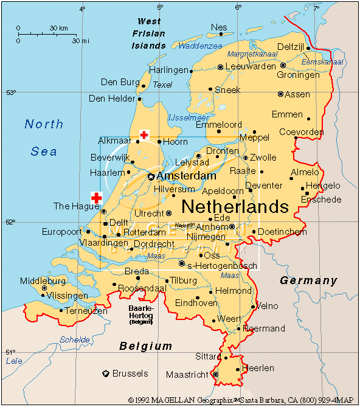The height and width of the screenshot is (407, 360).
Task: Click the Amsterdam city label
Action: [186, 176]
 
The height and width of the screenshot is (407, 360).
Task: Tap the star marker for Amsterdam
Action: [151, 176]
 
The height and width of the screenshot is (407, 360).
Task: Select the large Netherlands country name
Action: [235, 206]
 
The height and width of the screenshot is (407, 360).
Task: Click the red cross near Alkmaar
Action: [144, 134]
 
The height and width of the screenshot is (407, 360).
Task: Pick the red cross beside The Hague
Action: [96, 197]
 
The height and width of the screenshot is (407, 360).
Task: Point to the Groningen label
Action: [298, 75]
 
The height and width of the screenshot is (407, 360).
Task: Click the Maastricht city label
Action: [187, 375]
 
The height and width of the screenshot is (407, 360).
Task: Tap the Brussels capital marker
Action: [106, 373]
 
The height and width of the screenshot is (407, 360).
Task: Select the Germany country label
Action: [308, 280]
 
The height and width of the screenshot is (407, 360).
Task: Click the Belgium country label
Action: [145, 346]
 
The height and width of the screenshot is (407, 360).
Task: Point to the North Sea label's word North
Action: [44, 124]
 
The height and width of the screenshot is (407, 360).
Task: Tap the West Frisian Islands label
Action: [149, 33]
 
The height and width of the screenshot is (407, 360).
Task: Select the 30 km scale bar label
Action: [59, 28]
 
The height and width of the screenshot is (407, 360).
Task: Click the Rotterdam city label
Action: [144, 232]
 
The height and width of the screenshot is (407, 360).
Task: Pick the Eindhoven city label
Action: [196, 303]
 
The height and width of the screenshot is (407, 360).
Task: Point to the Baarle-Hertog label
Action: [140, 311]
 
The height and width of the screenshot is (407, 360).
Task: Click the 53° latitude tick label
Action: [10, 92]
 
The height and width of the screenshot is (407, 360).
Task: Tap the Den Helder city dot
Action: [140, 99]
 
